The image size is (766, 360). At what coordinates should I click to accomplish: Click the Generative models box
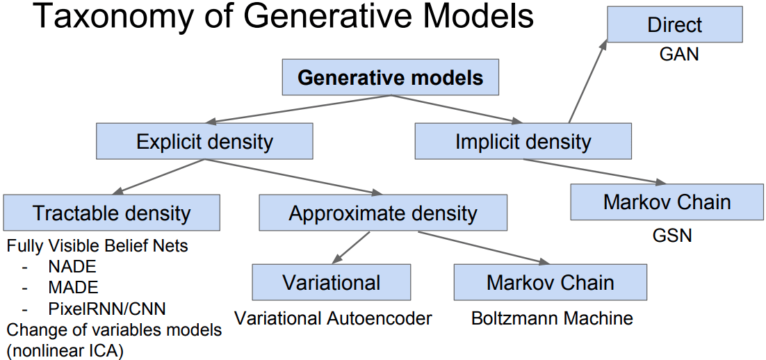coord(390,77)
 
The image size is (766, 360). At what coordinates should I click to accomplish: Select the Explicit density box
coord(204,142)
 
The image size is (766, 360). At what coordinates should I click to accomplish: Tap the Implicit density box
coord(523,142)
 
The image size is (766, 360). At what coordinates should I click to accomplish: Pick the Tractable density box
coord(111,213)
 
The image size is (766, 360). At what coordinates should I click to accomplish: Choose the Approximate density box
coord(383,213)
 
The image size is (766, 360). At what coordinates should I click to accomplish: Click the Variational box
coord(331,283)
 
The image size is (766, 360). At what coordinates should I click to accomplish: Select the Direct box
coord(674,25)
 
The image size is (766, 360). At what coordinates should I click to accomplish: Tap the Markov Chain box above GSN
coord(667,202)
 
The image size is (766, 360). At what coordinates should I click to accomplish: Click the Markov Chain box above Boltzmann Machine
coord(550,283)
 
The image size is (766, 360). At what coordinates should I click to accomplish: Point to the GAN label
coord(678,54)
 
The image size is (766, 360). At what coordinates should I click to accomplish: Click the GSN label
coord(672,236)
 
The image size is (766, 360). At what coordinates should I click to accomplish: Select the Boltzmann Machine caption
coord(552,319)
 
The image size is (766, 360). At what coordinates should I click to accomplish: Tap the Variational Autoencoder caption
coord(333,319)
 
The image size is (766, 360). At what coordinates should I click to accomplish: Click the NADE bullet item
coord(72,266)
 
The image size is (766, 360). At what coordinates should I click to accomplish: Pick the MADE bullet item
coord(73,287)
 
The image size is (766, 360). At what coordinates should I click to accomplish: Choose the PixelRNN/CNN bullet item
coord(107,308)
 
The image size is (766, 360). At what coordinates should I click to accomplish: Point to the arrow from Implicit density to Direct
coord(587,82)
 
